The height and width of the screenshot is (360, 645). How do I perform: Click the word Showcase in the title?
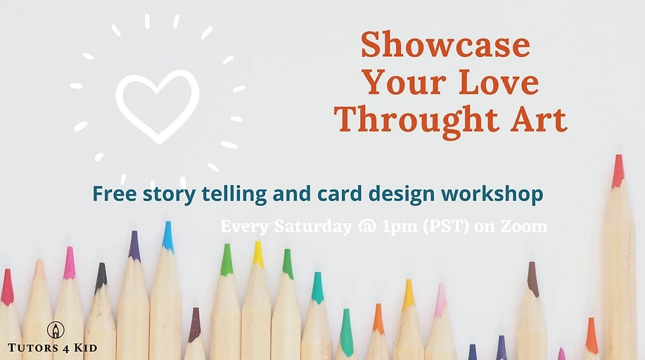tap(445, 44)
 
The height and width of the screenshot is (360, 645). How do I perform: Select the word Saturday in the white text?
tap(313, 226)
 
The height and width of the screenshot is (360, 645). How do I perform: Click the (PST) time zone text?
tap(446, 226)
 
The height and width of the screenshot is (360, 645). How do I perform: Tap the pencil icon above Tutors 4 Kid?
tap(56, 330)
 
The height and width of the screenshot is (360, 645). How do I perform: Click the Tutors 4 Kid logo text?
tap(52, 348)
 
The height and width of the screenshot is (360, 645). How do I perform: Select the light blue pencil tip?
tap(167, 236)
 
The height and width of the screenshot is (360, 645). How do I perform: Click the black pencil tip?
tap(101, 276)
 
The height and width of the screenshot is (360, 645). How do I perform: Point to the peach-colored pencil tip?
tap(39, 269)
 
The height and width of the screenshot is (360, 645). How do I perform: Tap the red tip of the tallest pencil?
tap(618, 170)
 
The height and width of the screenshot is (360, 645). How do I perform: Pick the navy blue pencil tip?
tap(473, 352)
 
